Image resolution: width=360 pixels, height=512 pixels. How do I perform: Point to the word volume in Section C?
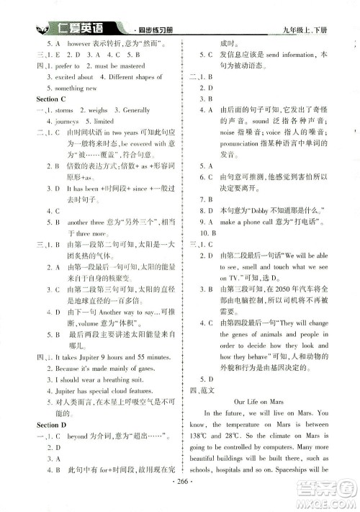point(86,323)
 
